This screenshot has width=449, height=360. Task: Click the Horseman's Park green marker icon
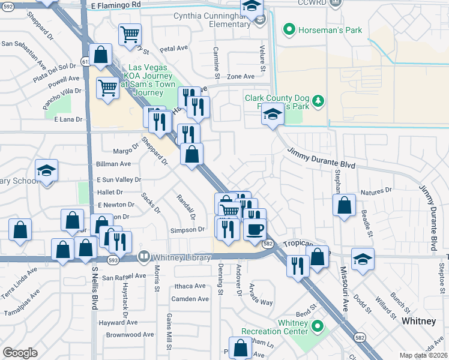click(x=289, y=29)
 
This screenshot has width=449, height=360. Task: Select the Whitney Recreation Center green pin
click(x=317, y=328)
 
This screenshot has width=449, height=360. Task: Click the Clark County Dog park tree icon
click(x=319, y=100)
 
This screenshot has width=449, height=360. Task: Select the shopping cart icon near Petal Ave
click(x=130, y=34)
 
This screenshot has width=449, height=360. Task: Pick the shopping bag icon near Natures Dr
click(x=344, y=205)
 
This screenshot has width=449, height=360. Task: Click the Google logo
click(x=20, y=352)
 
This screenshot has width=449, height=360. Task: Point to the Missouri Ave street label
click(x=345, y=289)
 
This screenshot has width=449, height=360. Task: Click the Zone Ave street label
click(x=241, y=76)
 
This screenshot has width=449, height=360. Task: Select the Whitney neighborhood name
click(x=418, y=321)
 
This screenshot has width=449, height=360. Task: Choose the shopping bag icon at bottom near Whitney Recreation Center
click(x=241, y=348)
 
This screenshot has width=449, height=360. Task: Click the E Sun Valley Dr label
click(x=119, y=179)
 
